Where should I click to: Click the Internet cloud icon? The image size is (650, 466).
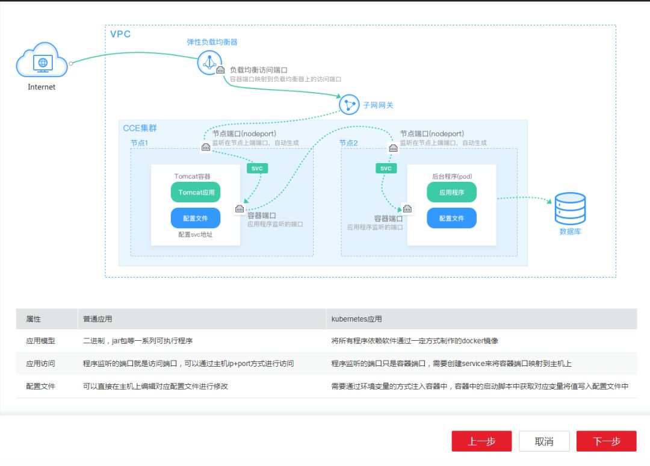pos(42,60)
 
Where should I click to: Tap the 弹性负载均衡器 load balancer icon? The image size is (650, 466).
pos(209,63)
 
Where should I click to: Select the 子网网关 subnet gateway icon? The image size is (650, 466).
pos(349,105)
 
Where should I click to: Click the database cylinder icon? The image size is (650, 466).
pos(570,208)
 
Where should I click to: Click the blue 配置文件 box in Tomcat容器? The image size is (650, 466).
pos(196,218)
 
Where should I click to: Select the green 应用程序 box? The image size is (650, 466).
pos(451,193)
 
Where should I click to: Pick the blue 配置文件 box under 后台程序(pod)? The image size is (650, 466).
pos(451,218)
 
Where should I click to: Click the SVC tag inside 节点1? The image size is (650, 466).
pos(257,168)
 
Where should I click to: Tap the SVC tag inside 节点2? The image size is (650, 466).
pos(386,168)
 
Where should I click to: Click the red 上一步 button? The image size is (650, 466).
pos(481,441)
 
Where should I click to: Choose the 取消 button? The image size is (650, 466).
pos(544,441)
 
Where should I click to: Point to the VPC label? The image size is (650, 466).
pos(120,34)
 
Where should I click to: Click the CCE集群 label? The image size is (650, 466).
pos(140,128)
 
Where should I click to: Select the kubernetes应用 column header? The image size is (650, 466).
pos(356,319)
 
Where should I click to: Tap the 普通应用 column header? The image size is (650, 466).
pos(97,319)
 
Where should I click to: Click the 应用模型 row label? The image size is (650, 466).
pos(40,341)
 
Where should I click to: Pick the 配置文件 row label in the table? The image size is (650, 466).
pos(40,386)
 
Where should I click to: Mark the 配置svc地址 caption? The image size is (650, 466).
pos(196,235)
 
